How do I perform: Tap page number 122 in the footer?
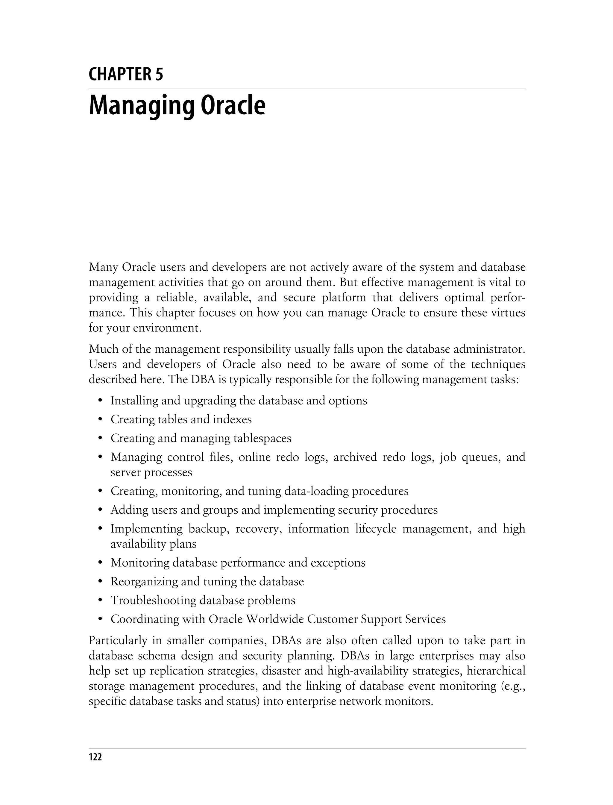pyautogui.click(x=95, y=757)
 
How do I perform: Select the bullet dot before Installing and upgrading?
pyautogui.click(x=100, y=401)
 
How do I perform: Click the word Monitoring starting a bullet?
pyautogui.click(x=140, y=563)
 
